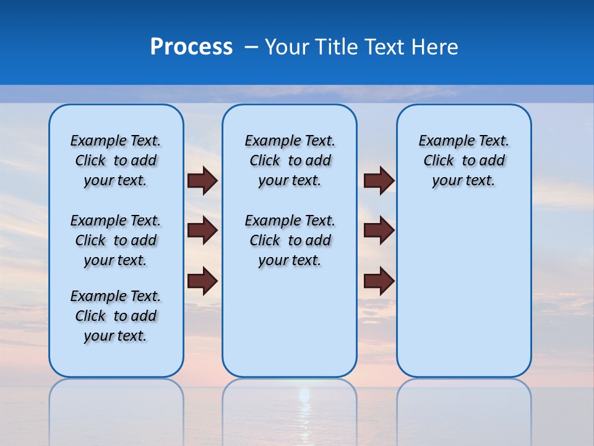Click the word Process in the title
191,47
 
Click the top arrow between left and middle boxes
202,181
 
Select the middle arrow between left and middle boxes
202,231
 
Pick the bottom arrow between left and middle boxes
202,281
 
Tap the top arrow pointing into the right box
379,181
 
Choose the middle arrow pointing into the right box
379,231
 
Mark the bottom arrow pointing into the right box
379,281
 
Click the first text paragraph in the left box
116,160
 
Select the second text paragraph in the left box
116,240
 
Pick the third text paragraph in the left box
116,316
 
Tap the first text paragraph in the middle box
290,160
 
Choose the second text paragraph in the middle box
290,240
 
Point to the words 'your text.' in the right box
463,181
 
